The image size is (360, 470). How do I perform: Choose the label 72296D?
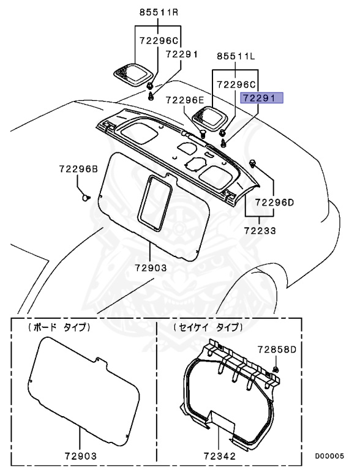coord(274,201)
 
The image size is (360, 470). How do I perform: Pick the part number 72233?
coord(260,232)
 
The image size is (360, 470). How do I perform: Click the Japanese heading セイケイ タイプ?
coord(208,327)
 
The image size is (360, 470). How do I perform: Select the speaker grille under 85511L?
coord(209,116)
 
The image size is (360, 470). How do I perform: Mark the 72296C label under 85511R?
coord(159,41)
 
